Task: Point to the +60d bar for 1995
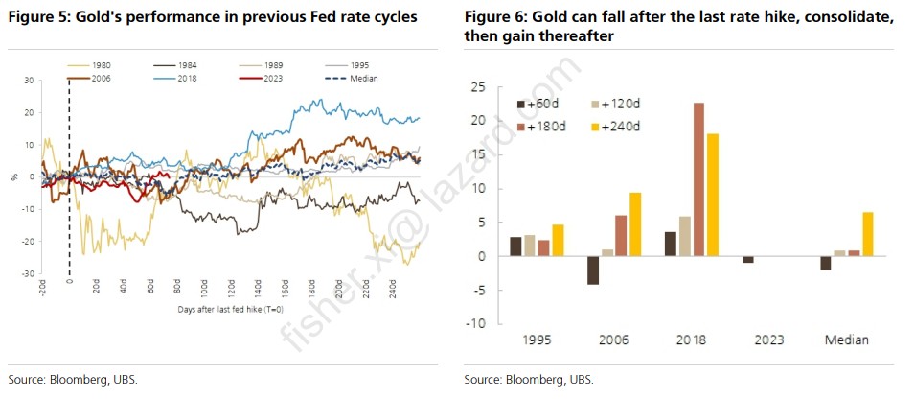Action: coord(515,246)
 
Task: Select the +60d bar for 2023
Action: coord(748,260)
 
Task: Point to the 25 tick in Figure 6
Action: coord(479,87)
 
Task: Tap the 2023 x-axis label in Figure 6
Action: coord(769,340)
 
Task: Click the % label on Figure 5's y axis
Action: coord(14,176)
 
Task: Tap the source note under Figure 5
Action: coord(72,380)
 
